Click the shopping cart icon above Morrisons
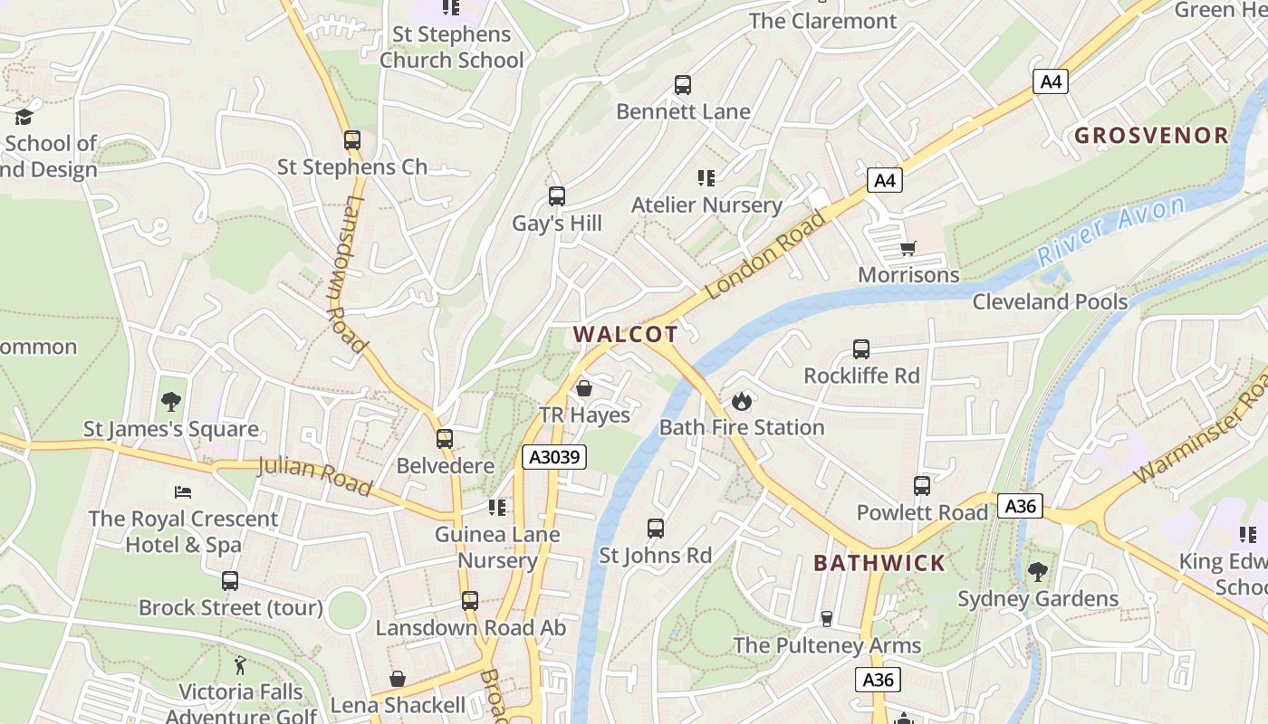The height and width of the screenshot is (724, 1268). tap(908, 248)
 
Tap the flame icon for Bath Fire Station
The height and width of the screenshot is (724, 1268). tap(742, 401)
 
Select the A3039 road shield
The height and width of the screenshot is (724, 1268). tap(554, 457)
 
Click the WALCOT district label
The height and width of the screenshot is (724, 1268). tap(625, 334)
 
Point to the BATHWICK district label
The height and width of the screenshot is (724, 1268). tap(879, 563)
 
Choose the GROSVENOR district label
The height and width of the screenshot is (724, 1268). tap(1151, 136)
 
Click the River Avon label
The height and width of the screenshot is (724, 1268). tap(1111, 230)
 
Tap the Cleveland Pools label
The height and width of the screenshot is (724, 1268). tap(1050, 301)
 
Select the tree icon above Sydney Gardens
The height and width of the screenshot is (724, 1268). tap(1038, 572)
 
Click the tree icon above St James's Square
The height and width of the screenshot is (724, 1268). tap(171, 402)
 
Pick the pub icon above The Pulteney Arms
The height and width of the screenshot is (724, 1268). tap(826, 619)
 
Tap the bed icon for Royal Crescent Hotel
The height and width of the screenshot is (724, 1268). tap(183, 492)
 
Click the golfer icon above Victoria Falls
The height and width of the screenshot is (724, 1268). tap(240, 666)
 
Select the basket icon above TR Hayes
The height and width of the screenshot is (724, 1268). tap(584, 388)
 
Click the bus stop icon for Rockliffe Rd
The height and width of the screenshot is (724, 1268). tap(861, 349)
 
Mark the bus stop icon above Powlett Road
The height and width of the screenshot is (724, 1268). tap(922, 486)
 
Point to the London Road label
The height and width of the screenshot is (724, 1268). tap(767, 255)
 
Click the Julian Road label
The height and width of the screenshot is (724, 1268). tap(314, 476)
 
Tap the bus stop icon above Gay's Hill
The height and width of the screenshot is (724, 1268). tap(557, 196)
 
